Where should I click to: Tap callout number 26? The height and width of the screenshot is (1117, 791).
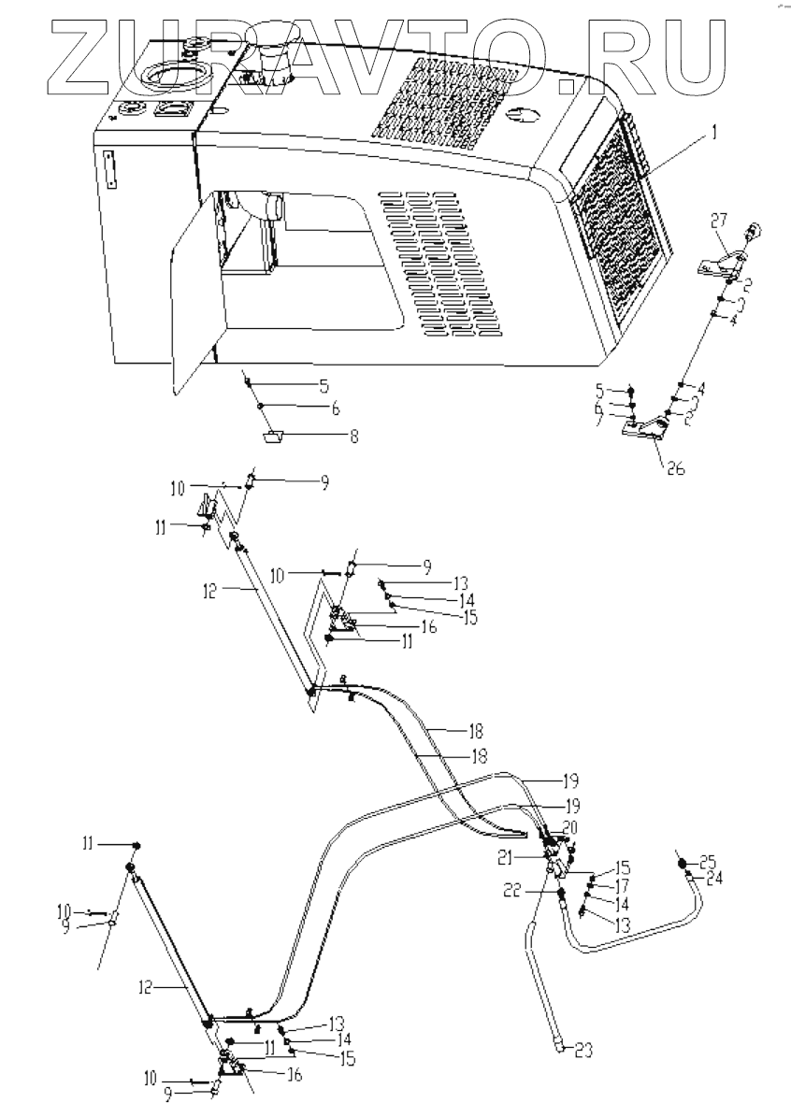673,468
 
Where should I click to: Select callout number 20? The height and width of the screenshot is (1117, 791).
571,828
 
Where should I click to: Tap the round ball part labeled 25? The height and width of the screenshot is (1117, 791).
683,864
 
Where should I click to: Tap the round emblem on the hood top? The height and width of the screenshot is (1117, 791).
525,115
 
